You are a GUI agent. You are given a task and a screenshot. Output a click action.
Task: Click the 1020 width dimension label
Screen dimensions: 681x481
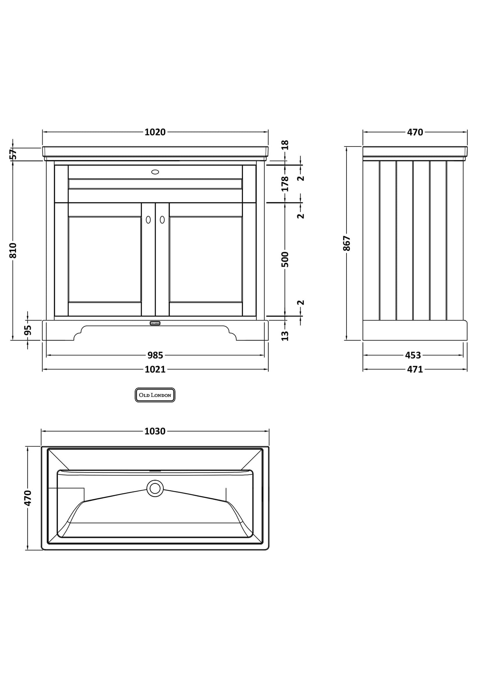tap(155, 132)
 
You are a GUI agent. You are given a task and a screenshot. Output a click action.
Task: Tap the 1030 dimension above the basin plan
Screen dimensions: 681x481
tap(155, 431)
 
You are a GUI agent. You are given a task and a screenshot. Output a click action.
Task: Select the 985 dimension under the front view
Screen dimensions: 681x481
tap(155, 355)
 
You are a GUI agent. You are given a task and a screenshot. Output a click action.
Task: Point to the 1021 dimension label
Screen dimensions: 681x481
tap(155, 369)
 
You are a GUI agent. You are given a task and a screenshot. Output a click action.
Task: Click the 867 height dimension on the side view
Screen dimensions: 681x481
tap(347, 243)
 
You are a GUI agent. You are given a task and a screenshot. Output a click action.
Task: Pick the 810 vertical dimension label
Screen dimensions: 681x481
tap(13, 250)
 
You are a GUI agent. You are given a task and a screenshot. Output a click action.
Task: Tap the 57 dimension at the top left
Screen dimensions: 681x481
tap(13, 154)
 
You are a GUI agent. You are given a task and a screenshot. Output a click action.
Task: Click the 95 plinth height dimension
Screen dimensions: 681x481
tap(28, 330)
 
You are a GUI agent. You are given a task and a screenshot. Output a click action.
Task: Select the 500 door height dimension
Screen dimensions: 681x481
tap(285, 259)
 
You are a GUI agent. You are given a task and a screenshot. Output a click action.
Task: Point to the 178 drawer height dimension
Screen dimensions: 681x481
tap(285, 183)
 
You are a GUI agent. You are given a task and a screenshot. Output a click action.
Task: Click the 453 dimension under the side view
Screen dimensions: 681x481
tap(413, 355)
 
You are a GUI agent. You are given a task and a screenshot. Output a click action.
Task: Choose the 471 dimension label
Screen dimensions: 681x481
tap(415, 369)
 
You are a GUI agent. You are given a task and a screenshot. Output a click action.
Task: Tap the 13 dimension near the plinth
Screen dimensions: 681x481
tap(285, 336)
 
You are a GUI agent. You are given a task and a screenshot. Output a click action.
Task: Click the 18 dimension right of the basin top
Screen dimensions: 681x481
tap(285, 145)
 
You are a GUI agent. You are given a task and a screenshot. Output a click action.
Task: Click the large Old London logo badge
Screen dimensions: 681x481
tap(155, 395)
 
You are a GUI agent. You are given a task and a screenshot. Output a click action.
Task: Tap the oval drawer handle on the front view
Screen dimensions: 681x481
tap(155, 172)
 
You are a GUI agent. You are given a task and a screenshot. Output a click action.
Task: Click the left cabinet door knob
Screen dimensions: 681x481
tap(148, 220)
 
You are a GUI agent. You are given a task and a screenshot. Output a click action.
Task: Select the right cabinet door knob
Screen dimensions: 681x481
tap(162, 220)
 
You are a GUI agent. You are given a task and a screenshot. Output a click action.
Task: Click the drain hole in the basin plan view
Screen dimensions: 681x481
tap(155, 489)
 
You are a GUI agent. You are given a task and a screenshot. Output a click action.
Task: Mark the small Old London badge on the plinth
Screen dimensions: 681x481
tap(155, 323)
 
